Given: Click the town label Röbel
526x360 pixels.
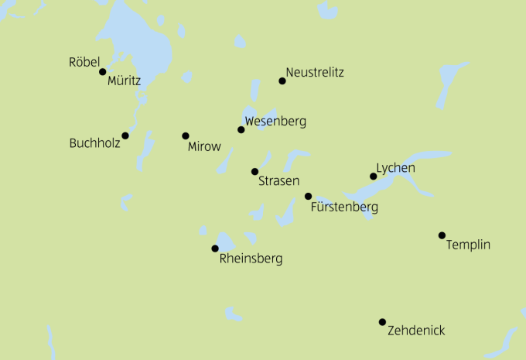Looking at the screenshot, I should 84,61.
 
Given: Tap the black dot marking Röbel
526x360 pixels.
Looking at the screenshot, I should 102,72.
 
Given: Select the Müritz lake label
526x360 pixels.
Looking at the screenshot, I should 125,80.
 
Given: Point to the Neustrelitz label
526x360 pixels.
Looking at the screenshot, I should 314,73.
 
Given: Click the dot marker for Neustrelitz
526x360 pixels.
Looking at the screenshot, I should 282,81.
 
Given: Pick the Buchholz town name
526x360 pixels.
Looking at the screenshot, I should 94,143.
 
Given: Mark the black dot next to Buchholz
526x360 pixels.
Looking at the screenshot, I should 125,135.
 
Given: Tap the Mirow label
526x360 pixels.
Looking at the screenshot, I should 204,146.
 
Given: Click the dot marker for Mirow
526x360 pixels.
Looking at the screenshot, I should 186,136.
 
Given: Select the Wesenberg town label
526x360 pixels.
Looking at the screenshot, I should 275,122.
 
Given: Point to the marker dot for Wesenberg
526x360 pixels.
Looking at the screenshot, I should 241,129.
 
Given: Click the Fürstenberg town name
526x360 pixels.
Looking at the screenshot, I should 343,207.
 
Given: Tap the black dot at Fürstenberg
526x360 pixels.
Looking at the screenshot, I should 308,197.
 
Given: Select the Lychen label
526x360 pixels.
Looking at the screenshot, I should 395,168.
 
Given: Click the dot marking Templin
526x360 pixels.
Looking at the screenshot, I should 442,235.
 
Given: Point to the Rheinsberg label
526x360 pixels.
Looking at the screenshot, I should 251,259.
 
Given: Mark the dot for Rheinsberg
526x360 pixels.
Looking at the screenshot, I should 215,249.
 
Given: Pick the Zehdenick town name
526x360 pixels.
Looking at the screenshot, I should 416,331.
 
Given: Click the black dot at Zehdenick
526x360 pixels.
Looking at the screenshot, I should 382,322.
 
